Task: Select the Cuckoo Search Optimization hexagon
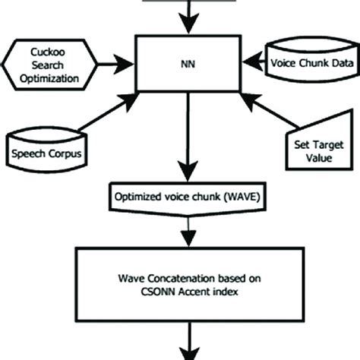click(45, 65)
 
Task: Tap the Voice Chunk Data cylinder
click(312, 65)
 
